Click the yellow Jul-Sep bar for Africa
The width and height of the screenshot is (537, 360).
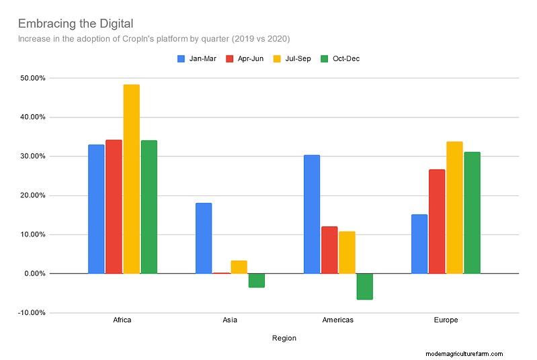131,179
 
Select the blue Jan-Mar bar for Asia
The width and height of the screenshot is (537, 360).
204,238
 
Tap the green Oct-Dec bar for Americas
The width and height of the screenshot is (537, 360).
364,286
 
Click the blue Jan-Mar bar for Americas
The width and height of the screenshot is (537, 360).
312,214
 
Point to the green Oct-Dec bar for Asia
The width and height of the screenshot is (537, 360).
256,280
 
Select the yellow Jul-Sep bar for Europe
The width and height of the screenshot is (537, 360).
454,208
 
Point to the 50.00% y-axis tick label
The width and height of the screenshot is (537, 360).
32,78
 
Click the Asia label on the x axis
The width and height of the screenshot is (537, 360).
230,320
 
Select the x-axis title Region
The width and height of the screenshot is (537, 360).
284,339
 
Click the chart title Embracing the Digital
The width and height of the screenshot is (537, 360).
75,24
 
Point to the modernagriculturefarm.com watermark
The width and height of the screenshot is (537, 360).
464,354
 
